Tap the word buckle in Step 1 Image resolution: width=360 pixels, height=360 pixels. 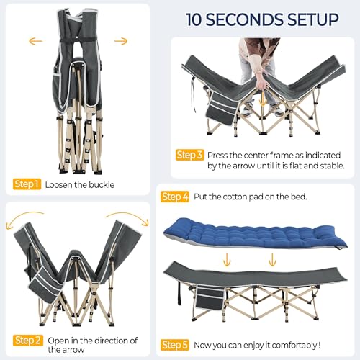pos(99,184)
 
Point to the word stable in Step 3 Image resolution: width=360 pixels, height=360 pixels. pos(328,166)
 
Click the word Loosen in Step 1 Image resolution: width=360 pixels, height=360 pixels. pos(60,184)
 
